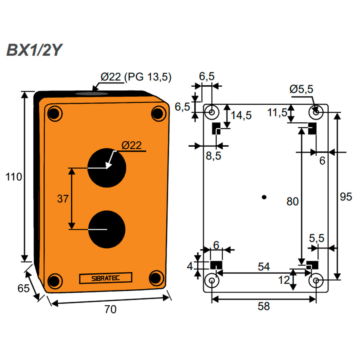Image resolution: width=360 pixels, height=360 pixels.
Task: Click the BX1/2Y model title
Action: coord(34,50)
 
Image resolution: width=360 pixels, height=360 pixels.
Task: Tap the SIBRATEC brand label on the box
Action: coord(105,278)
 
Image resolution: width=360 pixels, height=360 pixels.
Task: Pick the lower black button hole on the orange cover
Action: coord(107,229)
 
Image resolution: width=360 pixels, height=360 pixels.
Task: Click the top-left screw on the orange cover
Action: coord(54,114)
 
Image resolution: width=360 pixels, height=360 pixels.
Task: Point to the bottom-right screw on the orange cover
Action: coord(156,278)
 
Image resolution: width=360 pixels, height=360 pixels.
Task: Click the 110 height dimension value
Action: coord(13,177)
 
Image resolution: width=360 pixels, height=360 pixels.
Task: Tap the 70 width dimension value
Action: coord(110,309)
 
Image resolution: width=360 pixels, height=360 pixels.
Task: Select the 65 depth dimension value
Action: coord(23,288)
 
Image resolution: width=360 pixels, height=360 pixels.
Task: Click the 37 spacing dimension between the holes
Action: coord(63,198)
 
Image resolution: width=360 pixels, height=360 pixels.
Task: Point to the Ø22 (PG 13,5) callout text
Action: coord(136,77)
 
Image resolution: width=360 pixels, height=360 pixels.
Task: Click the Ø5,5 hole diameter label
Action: coord(301,89)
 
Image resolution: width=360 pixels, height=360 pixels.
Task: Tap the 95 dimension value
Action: coord(346,197)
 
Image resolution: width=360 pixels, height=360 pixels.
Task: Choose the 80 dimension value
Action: coord(292,201)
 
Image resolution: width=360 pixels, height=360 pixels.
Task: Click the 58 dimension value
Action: coord(263,306)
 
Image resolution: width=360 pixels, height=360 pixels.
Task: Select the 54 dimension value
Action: coord(263,266)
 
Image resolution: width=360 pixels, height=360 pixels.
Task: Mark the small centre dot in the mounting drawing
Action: coord(264,197)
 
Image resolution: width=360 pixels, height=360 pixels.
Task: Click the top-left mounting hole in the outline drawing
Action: coord(212,112)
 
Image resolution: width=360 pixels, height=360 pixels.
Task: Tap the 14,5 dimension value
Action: coord(241,115)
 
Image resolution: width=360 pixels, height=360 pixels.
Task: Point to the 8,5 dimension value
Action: coord(213,156)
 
